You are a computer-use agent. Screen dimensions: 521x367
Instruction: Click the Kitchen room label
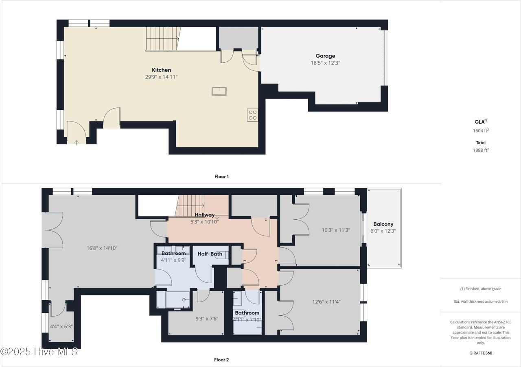[x=161, y=70]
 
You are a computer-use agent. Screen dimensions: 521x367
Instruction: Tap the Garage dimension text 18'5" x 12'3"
[x=325, y=63]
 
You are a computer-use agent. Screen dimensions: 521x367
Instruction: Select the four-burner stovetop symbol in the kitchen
[x=252, y=115]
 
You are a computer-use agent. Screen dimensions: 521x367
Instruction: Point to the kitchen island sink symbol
[x=219, y=91]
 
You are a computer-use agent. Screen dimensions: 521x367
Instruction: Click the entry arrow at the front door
[x=77, y=143]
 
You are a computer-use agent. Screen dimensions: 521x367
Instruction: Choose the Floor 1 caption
[x=221, y=177]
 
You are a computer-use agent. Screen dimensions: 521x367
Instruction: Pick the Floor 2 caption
[x=221, y=360]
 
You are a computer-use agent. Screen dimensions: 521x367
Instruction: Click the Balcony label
[x=383, y=224]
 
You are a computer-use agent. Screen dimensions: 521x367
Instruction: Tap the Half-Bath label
[x=210, y=254]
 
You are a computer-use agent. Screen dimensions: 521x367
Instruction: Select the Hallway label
[x=204, y=215]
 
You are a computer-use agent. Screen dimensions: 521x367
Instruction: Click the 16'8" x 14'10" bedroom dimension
[x=102, y=248]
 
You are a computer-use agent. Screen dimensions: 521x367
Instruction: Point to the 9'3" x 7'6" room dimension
[x=207, y=319]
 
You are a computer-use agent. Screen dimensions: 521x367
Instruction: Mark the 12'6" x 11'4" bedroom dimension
[x=326, y=301]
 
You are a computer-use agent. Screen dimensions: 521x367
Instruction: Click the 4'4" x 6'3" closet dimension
[x=61, y=327]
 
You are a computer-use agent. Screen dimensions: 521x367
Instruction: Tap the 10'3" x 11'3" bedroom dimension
[x=336, y=230]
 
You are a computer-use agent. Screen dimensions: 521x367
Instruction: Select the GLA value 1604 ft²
[x=481, y=131]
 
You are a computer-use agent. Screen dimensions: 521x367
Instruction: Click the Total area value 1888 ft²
[x=481, y=150]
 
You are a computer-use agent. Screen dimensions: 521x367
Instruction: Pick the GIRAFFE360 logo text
[x=481, y=353]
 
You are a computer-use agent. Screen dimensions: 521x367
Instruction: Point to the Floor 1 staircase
[x=163, y=39]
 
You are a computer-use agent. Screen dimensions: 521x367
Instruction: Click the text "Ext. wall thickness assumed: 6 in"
[x=481, y=301]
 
